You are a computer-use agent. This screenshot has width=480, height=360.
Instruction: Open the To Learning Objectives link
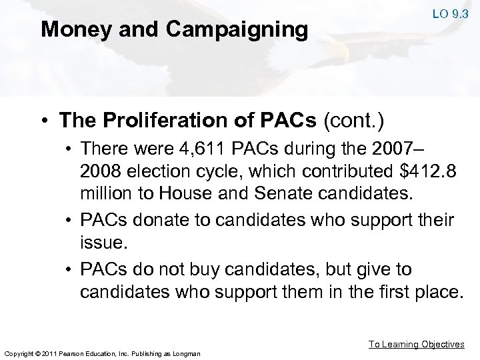[x=417, y=344]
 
